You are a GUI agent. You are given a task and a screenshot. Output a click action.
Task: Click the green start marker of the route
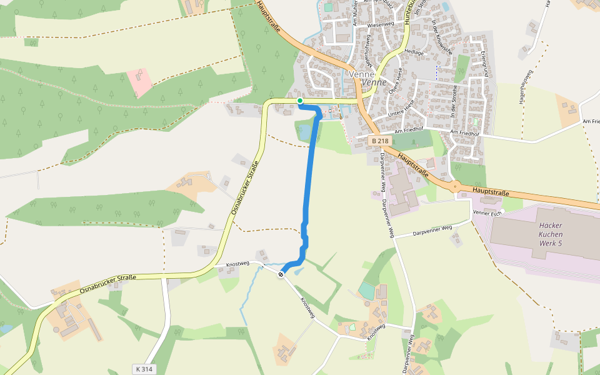coord(300,101)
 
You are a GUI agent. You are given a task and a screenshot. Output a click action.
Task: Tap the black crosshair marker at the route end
coord(281,273)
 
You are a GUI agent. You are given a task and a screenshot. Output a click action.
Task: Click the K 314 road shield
coord(144,369)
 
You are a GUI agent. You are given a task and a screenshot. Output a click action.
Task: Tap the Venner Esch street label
coord(488,214)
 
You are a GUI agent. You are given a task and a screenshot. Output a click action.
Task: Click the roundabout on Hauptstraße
coord(456,185)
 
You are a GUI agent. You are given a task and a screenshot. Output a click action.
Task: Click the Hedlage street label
coord(414,52)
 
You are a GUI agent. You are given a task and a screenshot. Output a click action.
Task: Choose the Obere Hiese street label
coord(398,91)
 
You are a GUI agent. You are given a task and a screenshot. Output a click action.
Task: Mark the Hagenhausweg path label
coord(522,87)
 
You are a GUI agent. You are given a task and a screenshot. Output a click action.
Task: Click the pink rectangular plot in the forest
coord(139,82)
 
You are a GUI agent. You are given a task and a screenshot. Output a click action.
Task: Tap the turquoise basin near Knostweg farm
coord(366,290)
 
